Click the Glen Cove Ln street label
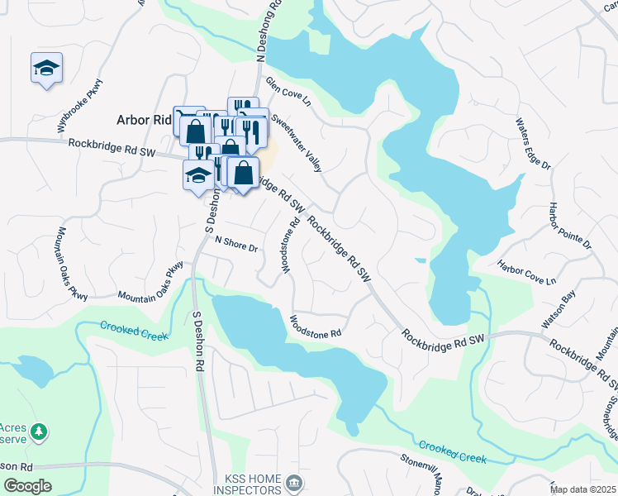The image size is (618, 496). tap(288, 93)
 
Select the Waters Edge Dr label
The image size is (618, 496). tap(533, 144)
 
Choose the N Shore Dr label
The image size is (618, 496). tap(236, 245)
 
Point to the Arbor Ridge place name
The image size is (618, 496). tap(143, 119)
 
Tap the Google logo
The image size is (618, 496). tap(27, 486)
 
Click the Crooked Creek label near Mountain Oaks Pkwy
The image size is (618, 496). tap(133, 331)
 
